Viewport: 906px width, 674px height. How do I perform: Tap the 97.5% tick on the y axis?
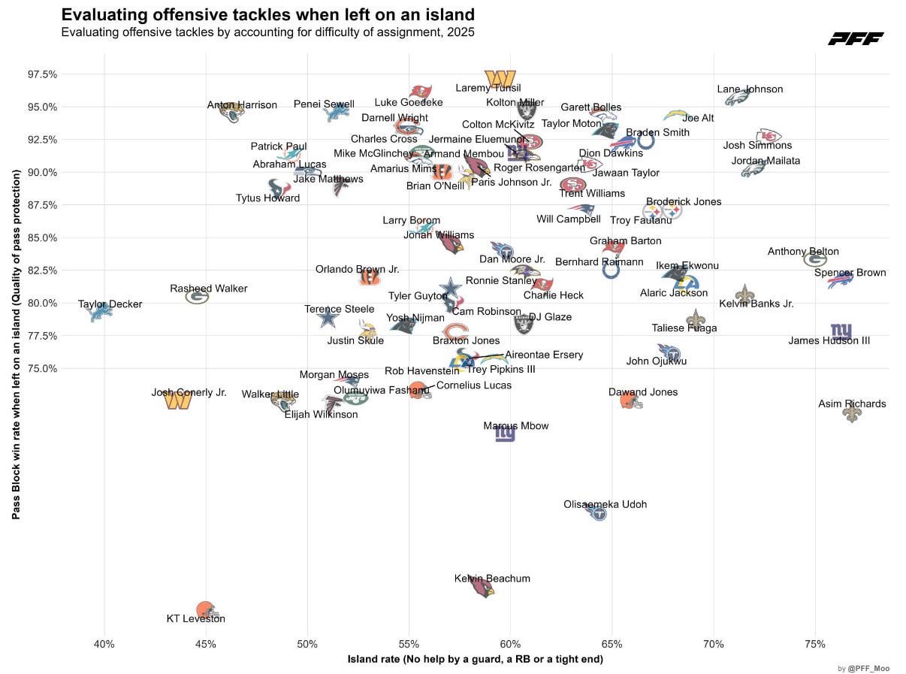click(x=42, y=74)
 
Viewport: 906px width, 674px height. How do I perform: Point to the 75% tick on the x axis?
click(x=814, y=645)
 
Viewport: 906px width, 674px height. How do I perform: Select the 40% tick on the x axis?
click(x=104, y=645)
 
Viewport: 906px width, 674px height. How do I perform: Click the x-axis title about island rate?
click(x=475, y=660)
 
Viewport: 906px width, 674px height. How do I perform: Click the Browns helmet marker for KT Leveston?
click(x=205, y=609)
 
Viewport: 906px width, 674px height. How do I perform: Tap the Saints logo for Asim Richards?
click(x=851, y=413)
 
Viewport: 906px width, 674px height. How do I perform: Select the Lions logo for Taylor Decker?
click(x=101, y=311)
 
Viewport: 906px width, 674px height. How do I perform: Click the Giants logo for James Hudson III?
click(x=841, y=331)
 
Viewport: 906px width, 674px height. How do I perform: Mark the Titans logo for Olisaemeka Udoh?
click(x=597, y=513)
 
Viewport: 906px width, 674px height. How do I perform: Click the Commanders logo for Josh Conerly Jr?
click(x=178, y=400)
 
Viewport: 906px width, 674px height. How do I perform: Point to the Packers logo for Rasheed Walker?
click(x=198, y=297)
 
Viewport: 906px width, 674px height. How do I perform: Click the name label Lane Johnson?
click(x=750, y=89)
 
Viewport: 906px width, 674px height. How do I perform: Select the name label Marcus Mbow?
click(x=515, y=426)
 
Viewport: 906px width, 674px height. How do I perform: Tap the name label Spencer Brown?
click(x=850, y=273)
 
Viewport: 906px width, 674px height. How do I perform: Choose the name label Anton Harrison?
click(x=242, y=105)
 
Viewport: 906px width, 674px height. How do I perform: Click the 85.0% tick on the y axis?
click(x=42, y=238)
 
